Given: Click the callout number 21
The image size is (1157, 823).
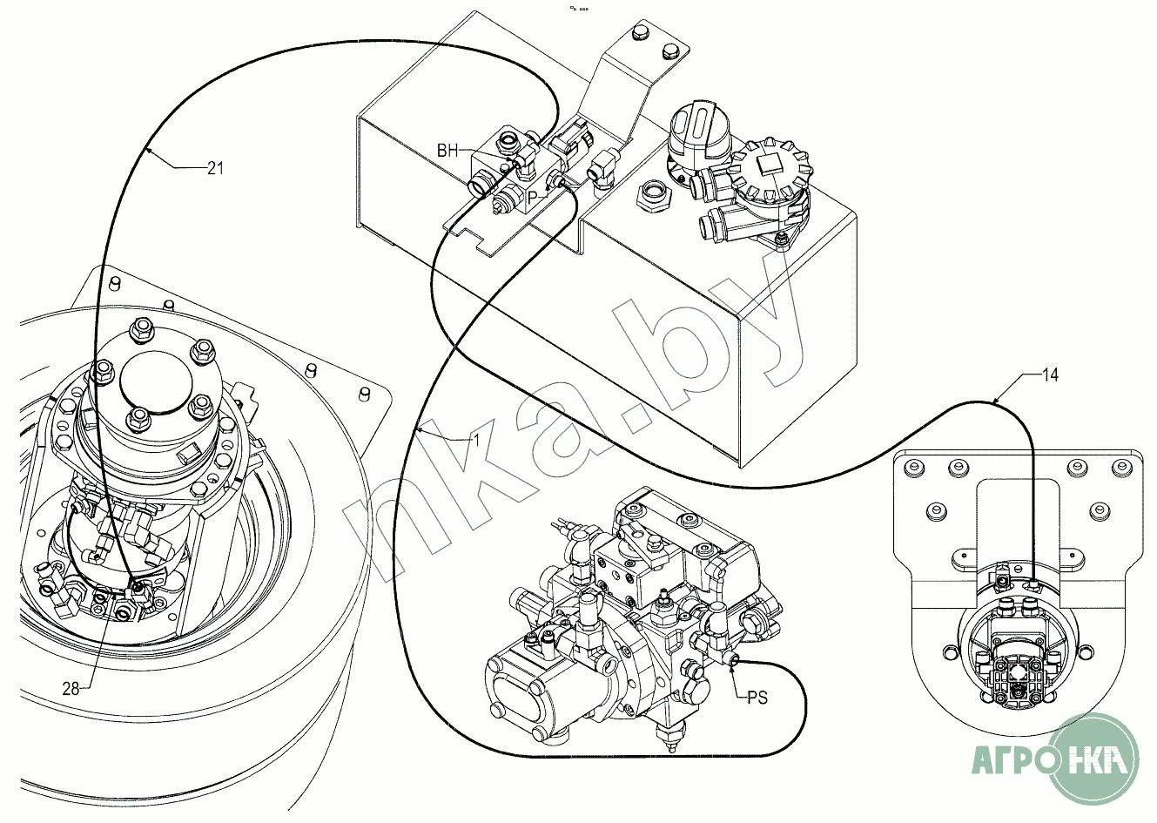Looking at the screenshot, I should [215, 169].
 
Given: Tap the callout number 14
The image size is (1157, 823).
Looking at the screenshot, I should [1051, 375].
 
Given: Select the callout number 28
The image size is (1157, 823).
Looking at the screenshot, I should [71, 688].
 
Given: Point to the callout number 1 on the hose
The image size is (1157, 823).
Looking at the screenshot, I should [476, 441].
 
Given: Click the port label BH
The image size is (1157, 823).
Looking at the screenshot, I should [447, 151].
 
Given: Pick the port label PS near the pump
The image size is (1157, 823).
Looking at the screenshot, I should [757, 698].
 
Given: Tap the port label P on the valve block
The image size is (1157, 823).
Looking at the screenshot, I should [532, 197].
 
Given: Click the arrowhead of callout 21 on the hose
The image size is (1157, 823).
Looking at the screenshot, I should [147, 152].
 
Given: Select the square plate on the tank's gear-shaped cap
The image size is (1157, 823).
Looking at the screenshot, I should [768, 165].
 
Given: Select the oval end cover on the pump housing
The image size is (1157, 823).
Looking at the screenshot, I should [516, 702].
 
